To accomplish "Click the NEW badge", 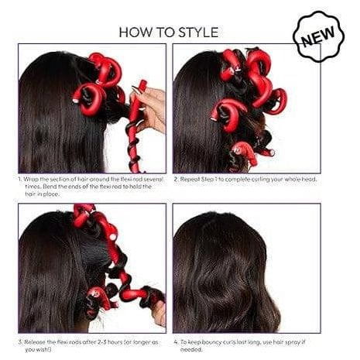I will point(318,38).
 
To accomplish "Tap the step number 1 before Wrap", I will point(19,180).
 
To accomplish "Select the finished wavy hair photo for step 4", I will point(245,268).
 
